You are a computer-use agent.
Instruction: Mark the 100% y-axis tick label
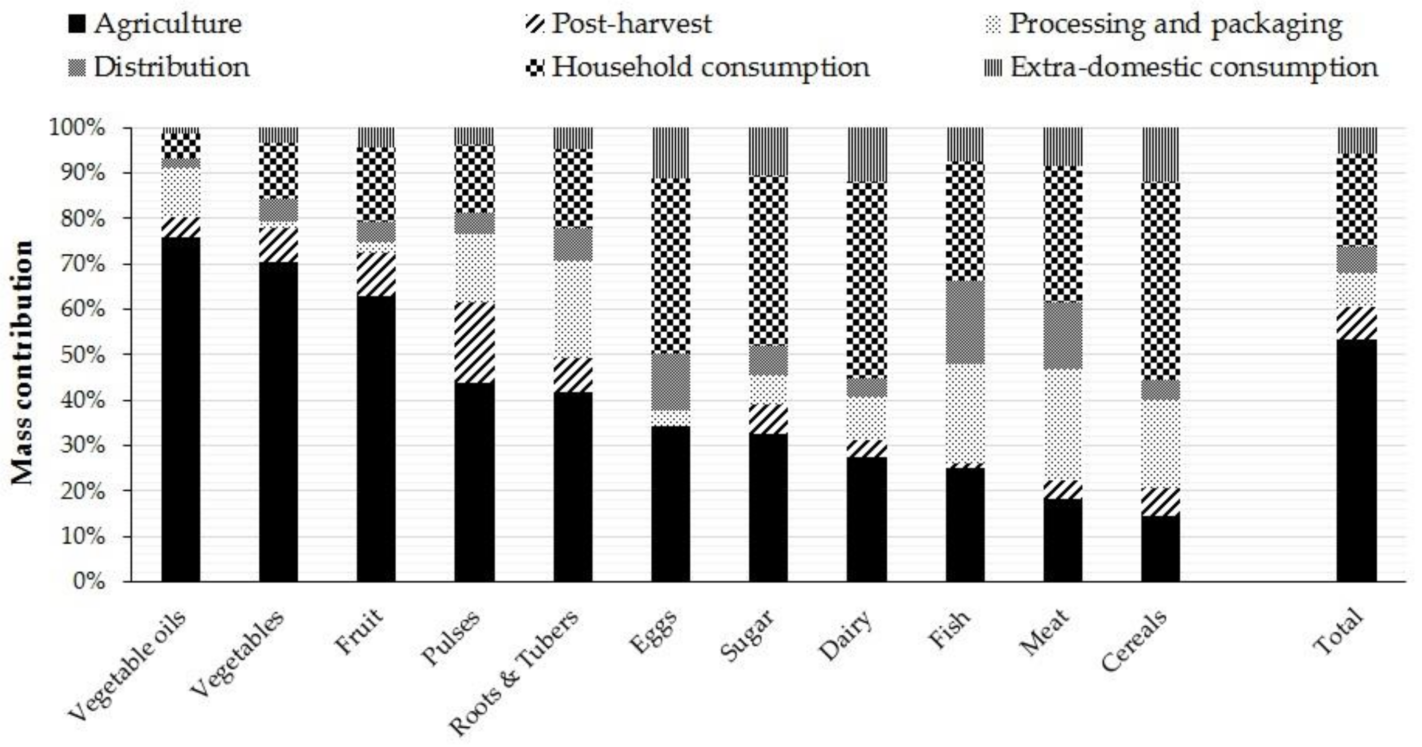tap(77, 128)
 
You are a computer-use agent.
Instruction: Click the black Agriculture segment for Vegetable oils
tap(181, 409)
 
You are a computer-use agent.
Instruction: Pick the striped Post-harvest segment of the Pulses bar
tap(474, 342)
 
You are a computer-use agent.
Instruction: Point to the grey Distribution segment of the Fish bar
tap(965, 322)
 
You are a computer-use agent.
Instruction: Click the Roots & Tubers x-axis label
tap(514, 672)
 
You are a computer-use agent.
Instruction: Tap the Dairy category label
tap(846, 635)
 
